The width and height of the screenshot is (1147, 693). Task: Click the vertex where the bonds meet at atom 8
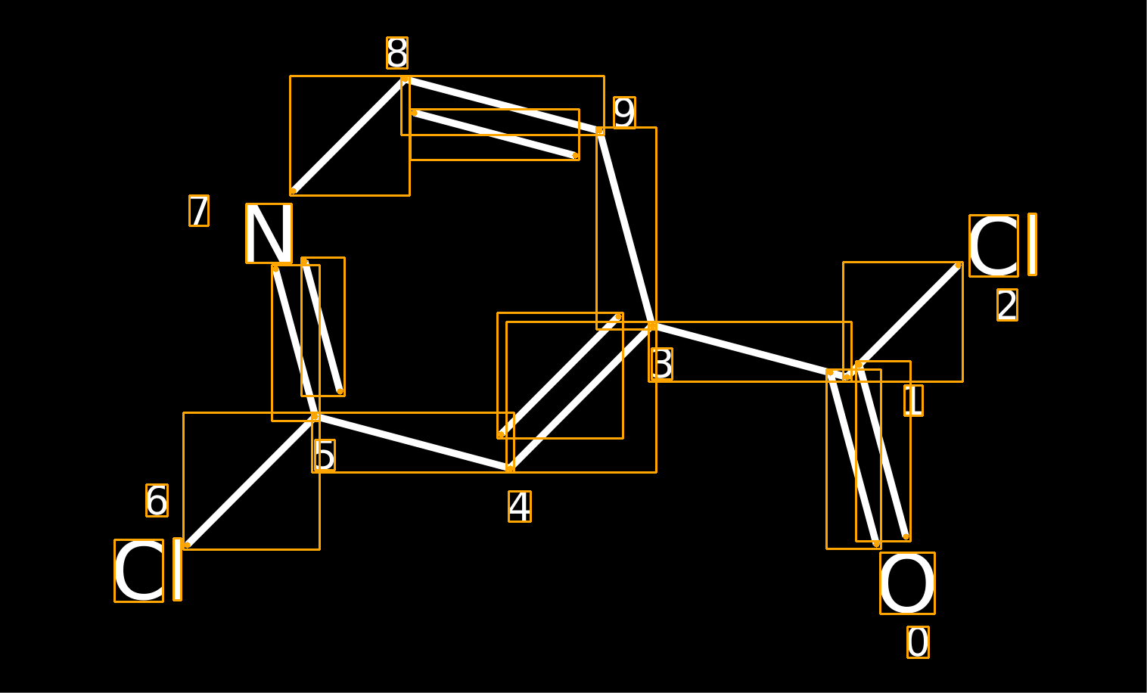click(x=405, y=79)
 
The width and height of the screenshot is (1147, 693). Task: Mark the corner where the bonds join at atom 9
click(x=600, y=131)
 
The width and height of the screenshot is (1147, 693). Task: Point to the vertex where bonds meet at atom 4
click(x=510, y=468)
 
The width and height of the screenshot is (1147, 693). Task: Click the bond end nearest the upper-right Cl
click(x=958, y=266)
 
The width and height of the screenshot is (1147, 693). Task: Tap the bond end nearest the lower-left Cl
click(x=187, y=545)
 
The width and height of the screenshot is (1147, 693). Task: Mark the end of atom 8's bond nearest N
click(x=293, y=191)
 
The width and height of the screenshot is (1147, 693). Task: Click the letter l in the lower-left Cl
click(x=177, y=569)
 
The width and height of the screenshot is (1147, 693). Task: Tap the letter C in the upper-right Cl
click(x=993, y=246)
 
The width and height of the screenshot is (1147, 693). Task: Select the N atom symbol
click(x=269, y=234)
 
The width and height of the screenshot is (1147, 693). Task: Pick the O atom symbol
click(x=907, y=583)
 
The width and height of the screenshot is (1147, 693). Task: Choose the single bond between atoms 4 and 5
click(x=412, y=443)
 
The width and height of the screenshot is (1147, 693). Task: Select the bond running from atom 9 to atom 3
click(x=626, y=228)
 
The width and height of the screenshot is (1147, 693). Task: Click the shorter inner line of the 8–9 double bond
click(x=495, y=134)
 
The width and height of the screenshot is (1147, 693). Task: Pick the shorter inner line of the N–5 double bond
click(x=322, y=327)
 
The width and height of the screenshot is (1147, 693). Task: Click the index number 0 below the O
click(x=918, y=642)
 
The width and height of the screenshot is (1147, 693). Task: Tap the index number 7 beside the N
click(x=199, y=210)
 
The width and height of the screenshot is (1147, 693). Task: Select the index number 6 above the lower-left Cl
click(x=157, y=500)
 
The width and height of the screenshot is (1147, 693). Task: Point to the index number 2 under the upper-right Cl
click(x=1007, y=306)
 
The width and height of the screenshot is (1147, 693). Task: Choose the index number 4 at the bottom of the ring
click(x=520, y=507)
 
